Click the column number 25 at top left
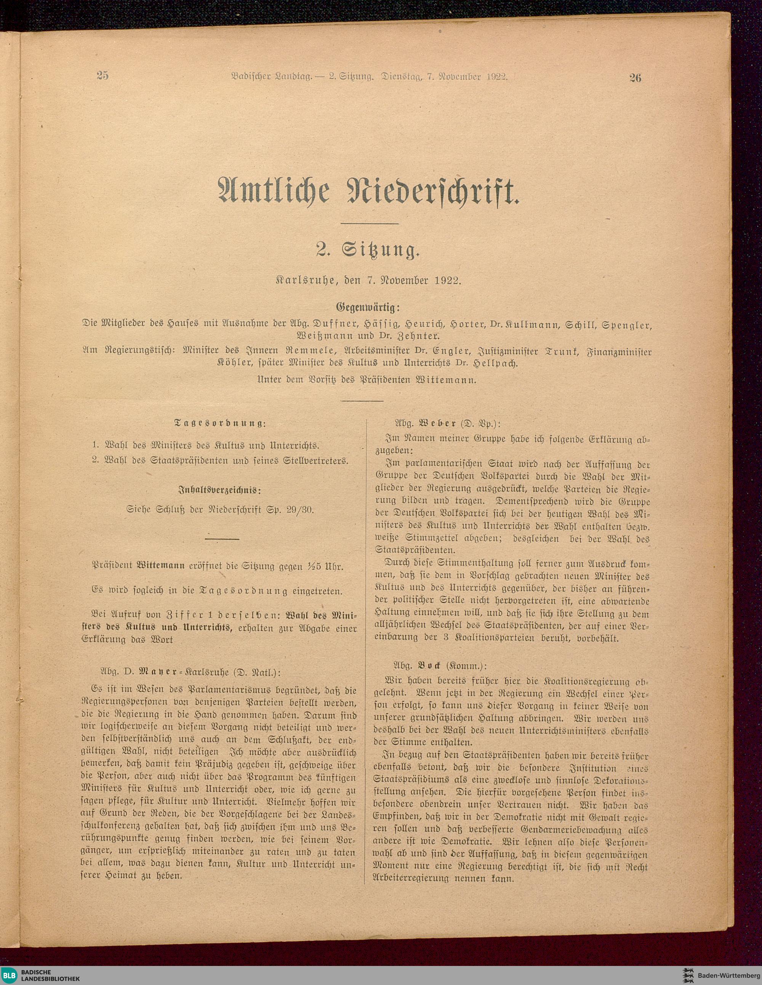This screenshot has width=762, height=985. point(103,76)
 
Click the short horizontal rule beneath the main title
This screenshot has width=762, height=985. point(369,223)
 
